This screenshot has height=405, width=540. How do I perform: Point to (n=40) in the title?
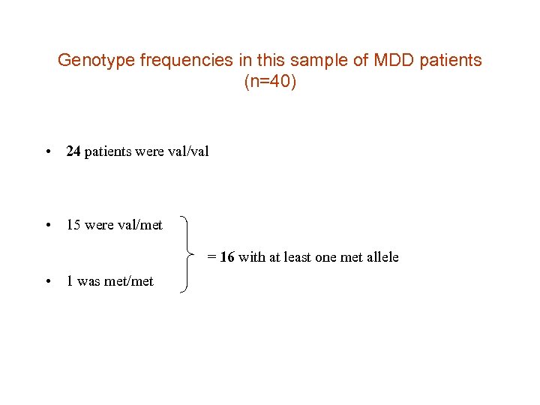coord(270,82)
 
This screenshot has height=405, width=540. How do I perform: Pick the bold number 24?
coord(73,151)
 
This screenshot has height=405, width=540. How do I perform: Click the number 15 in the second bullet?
coord(73,224)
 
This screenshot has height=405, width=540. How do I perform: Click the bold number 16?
coord(227,257)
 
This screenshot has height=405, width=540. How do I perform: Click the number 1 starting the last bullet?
coord(70,281)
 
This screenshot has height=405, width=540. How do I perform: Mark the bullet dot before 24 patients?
coord(48,152)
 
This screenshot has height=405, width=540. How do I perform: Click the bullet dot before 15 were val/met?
coord(48,225)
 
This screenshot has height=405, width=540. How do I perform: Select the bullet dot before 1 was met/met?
coord(48,282)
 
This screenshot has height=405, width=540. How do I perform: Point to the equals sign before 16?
coord(212,257)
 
